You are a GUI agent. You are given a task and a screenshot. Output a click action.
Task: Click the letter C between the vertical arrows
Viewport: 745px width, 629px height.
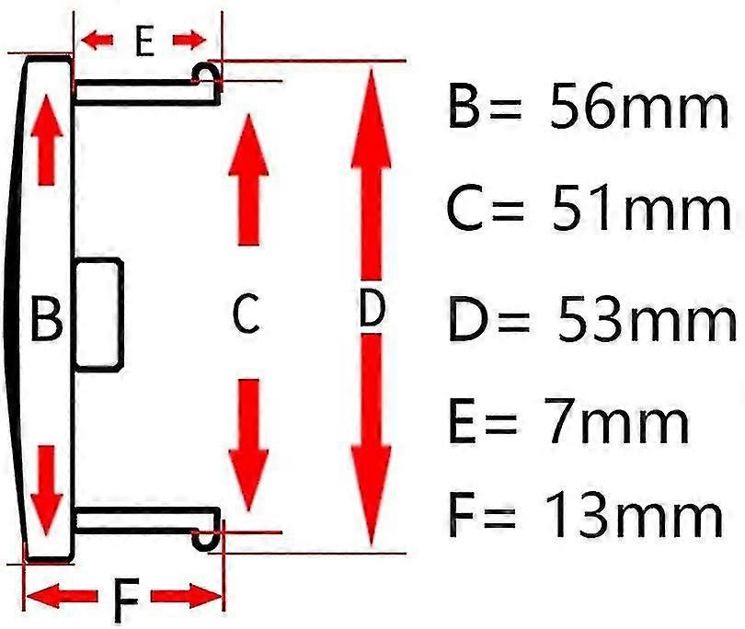(x=246, y=315)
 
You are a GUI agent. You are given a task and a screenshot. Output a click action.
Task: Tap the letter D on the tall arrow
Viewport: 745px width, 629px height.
(x=371, y=312)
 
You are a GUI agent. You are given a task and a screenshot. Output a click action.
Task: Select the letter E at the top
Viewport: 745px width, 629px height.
(x=143, y=41)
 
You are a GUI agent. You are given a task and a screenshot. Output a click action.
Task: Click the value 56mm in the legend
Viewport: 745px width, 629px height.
(x=638, y=109)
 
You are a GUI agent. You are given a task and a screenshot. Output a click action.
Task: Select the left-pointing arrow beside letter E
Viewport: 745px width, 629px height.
(x=97, y=40)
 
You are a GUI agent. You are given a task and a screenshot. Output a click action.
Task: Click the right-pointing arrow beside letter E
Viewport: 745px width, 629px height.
(x=190, y=40)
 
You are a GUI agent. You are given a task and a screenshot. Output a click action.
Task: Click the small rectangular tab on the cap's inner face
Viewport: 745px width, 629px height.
(x=98, y=314)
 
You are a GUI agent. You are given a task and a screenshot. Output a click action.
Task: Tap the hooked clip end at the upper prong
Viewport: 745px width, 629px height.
(x=208, y=78)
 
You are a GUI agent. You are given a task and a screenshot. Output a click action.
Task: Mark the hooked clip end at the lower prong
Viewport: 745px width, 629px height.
(x=208, y=533)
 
